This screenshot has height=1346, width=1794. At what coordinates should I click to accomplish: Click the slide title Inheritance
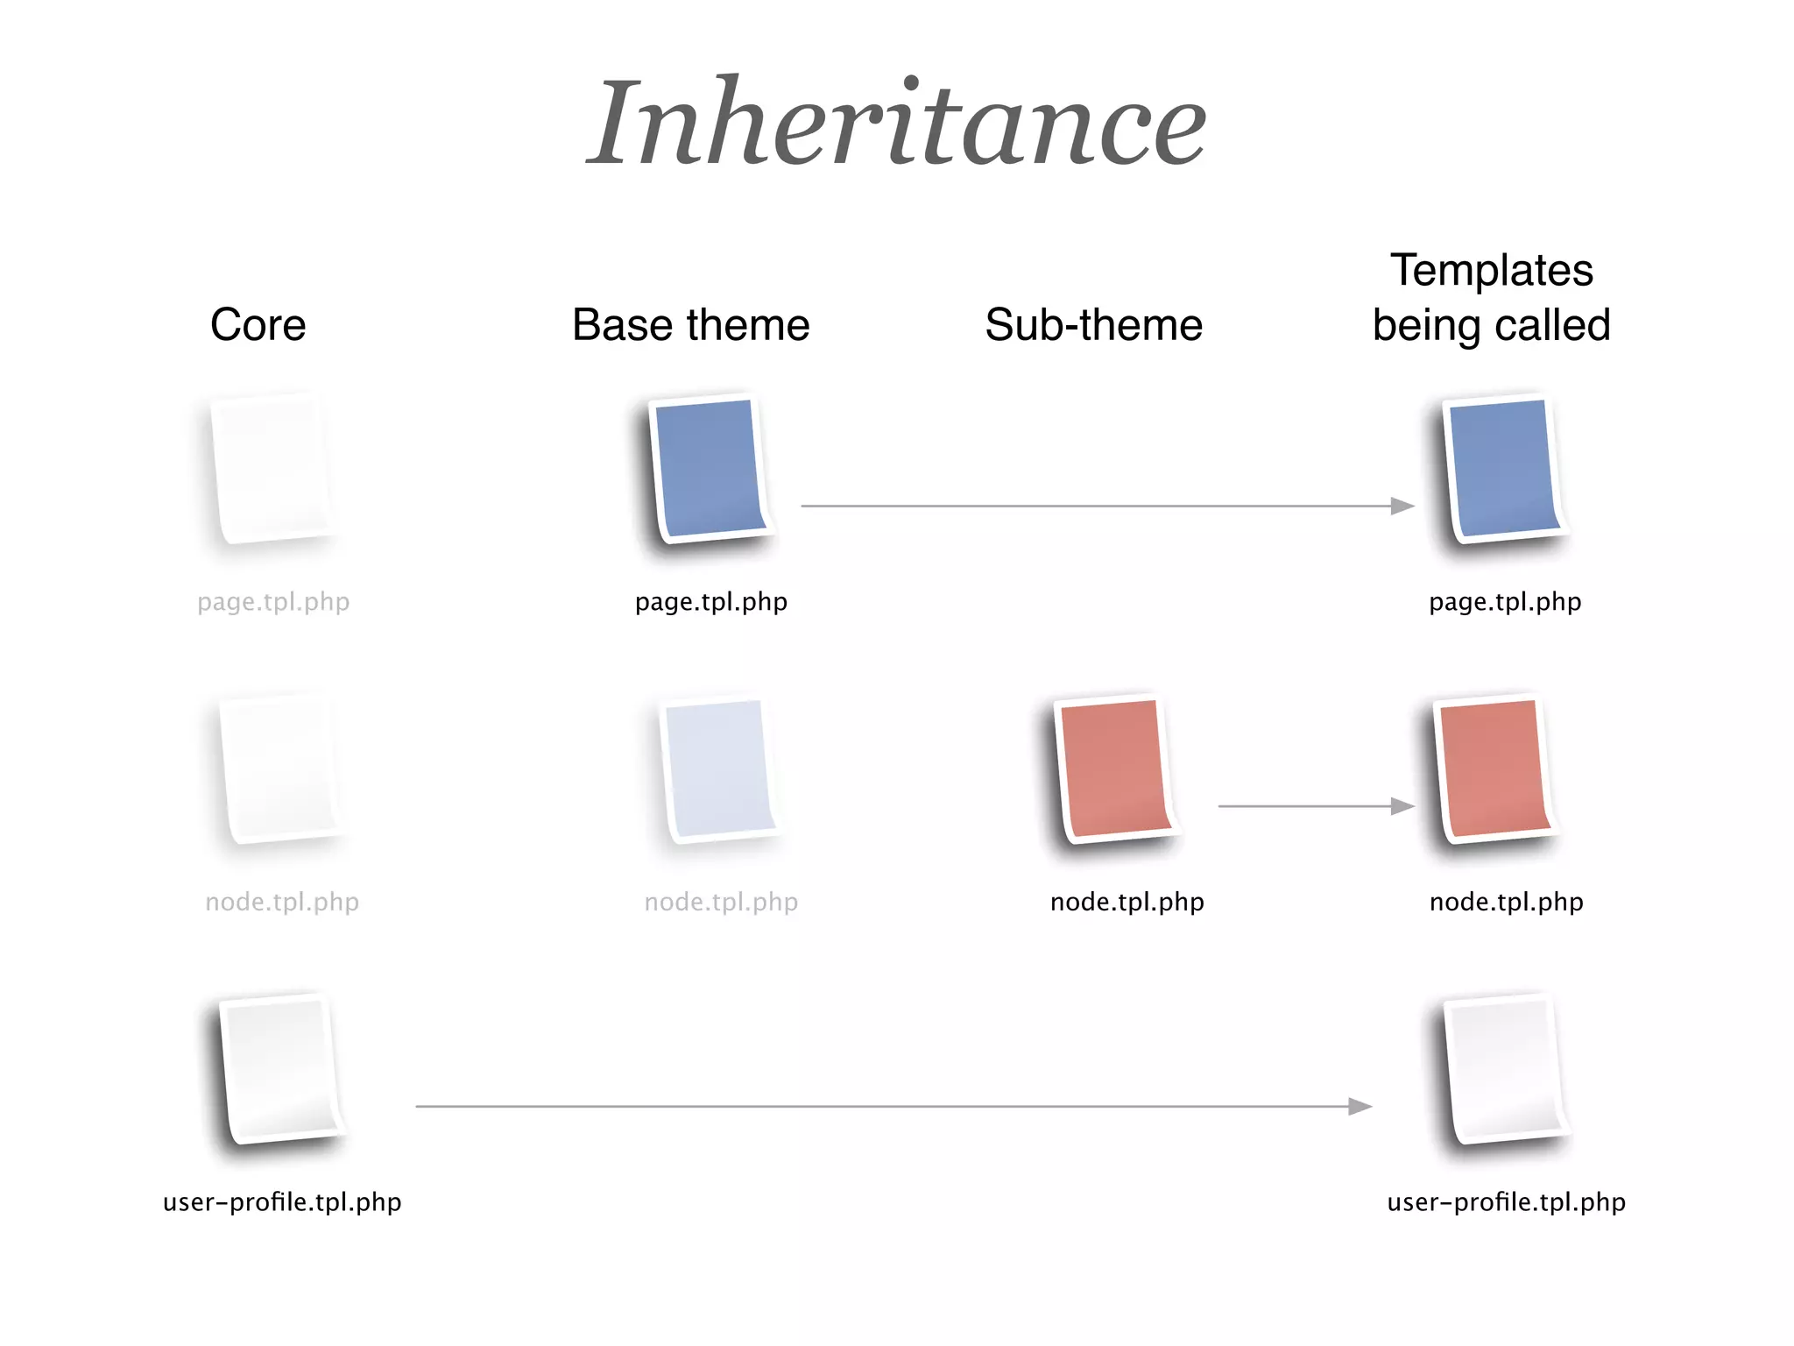[897, 123]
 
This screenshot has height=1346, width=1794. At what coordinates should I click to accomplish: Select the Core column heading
[258, 325]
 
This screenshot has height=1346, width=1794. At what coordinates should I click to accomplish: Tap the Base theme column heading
[691, 325]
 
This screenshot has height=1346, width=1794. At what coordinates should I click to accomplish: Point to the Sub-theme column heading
[1093, 325]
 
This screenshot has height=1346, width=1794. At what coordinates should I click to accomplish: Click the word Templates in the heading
[1492, 270]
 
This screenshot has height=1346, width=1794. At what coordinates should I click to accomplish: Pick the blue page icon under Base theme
[710, 469]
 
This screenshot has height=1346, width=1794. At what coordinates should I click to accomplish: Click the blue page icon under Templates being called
[1503, 469]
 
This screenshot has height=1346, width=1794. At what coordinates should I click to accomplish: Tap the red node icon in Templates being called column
[1494, 769]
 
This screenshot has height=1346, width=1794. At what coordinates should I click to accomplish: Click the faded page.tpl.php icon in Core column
[272, 469]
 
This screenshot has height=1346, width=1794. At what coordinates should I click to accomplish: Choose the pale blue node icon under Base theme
[719, 769]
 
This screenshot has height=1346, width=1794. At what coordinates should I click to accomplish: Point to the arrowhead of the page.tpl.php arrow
[1403, 506]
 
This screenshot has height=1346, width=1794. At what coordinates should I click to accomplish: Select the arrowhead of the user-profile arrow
[1360, 1107]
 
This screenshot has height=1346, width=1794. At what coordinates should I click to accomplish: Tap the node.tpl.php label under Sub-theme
[1127, 902]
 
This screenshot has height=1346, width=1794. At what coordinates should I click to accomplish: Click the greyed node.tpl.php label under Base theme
[721, 902]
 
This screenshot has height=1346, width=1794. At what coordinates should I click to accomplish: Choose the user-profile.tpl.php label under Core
[282, 1201]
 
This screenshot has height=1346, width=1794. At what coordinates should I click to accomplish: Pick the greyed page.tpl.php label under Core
[273, 602]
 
